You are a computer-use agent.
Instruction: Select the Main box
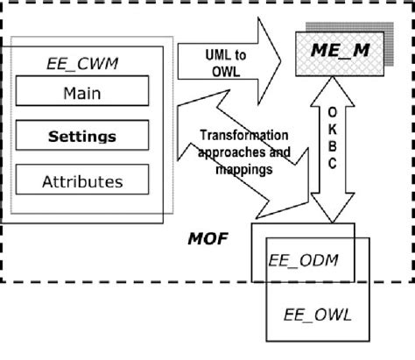click(81, 93)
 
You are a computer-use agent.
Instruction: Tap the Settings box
click(81, 136)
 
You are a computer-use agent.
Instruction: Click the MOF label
click(208, 236)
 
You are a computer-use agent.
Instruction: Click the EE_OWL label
click(313, 314)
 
